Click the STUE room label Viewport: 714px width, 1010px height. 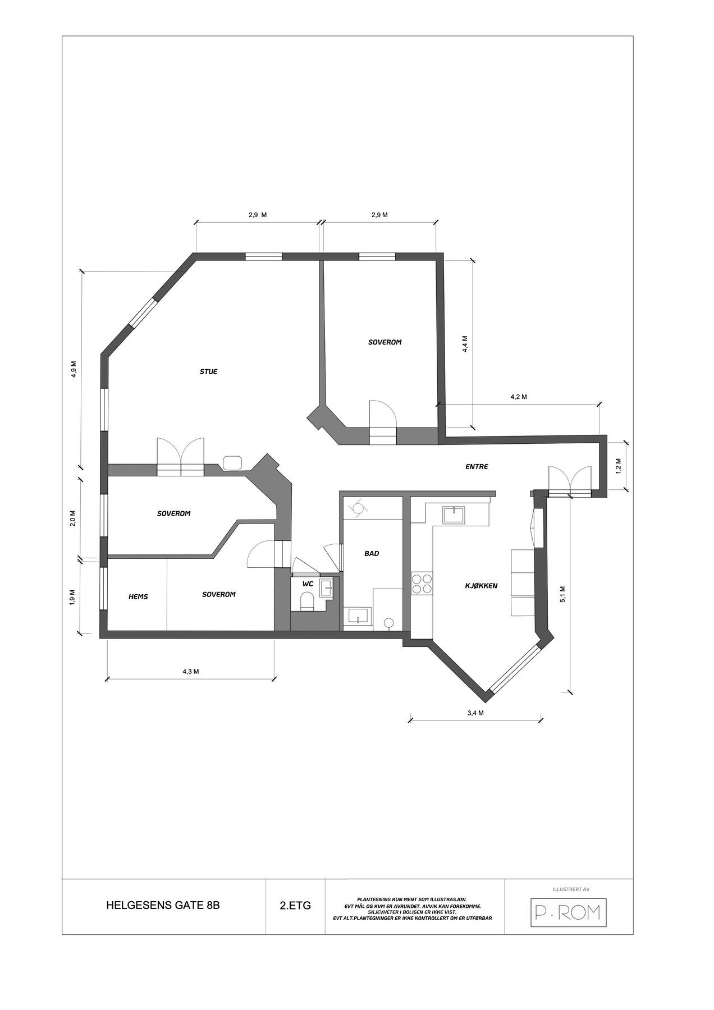point(208,371)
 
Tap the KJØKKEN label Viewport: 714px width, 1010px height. point(481,586)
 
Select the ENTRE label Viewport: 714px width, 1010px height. point(477,466)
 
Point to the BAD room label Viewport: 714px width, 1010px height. point(372,553)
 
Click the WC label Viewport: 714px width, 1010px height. point(308,584)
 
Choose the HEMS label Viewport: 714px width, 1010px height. point(138,596)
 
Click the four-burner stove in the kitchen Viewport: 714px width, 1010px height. point(422,584)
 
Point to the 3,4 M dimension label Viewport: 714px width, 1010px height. point(475,713)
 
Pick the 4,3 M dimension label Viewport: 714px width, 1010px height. point(191,672)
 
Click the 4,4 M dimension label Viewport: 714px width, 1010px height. point(465,344)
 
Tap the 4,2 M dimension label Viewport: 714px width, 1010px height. point(518,397)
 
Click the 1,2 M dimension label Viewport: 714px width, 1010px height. point(619,466)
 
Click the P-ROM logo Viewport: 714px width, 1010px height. point(569,913)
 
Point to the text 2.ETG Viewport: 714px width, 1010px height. point(295,906)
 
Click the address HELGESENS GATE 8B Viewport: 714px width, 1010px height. point(163,906)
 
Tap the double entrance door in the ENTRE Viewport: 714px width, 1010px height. point(570,481)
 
